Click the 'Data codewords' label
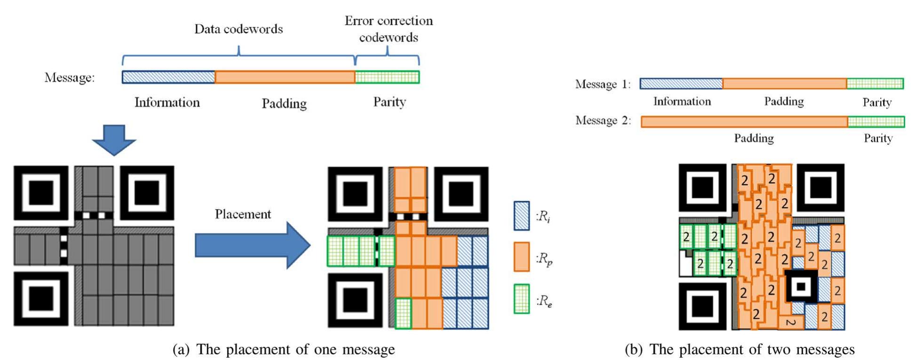tap(238, 29)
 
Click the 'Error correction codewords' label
tap(388, 29)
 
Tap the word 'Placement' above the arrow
tap(243, 214)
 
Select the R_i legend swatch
tap(521, 216)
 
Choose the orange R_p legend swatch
tap(521, 257)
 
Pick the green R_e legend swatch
tap(521, 299)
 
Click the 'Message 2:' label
tap(603, 121)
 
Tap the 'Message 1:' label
tap(603, 85)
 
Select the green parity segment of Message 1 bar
tap(875, 84)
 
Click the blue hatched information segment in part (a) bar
tap(168, 77)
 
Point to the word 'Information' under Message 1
tap(682, 102)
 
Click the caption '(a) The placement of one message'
tap(284, 349)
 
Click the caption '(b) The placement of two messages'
tap(739, 349)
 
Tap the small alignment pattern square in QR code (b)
tap(801, 286)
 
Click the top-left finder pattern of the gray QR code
tap(41, 193)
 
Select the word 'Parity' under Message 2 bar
tap(877, 138)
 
